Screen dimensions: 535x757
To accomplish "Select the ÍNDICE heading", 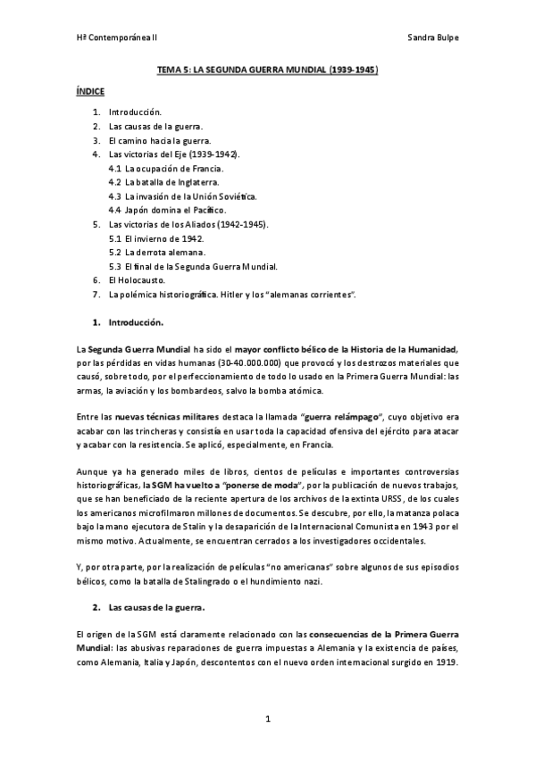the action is tap(90, 91).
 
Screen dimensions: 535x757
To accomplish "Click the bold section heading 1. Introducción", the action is tap(136, 320).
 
